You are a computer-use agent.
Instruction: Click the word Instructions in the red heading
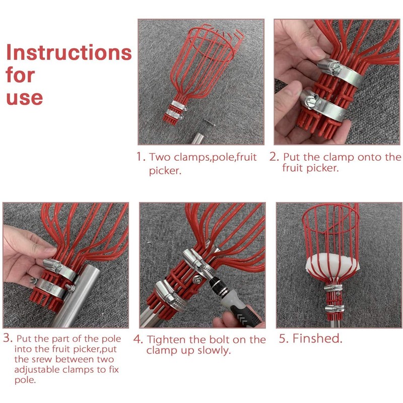(69, 52)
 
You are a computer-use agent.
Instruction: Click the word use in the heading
(24, 98)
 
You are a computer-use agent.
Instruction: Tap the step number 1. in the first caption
(141, 157)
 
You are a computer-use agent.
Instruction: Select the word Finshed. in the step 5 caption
(318, 338)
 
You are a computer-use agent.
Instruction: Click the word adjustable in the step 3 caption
(37, 370)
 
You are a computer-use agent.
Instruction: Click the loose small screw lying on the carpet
(210, 122)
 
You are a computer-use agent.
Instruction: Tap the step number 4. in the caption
(138, 339)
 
